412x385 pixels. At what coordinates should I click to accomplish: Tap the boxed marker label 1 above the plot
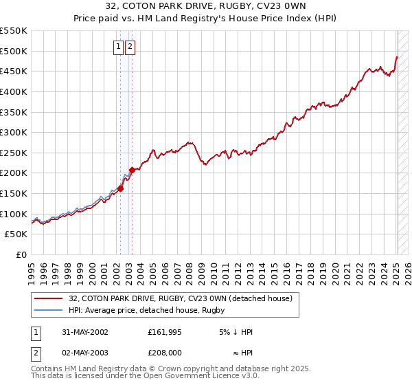pyautogui.click(x=118, y=47)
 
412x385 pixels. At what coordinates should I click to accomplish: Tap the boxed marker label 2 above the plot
pyautogui.click(x=130, y=47)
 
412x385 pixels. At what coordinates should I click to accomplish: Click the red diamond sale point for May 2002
pyautogui.click(x=120, y=188)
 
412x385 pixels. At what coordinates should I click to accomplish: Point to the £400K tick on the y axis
pyautogui.click(x=14, y=91)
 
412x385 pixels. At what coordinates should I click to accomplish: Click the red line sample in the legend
pyautogui.click(x=49, y=298)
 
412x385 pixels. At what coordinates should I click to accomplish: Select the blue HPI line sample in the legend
pyautogui.click(x=49, y=311)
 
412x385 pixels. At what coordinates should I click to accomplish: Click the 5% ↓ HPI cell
pyautogui.click(x=236, y=332)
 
